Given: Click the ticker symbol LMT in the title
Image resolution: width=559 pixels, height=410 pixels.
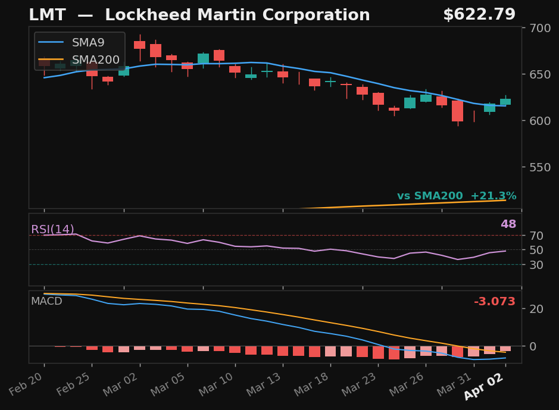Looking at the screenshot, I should [48, 15].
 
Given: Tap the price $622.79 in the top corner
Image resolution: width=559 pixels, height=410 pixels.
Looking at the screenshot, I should [479, 15].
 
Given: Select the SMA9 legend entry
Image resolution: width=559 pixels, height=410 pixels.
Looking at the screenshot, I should [88, 43].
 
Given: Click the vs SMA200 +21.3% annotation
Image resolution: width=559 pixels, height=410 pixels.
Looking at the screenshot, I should [457, 196].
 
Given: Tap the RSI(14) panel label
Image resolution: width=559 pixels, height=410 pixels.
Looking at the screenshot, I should [52, 230].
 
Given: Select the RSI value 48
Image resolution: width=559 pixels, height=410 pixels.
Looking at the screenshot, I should [508, 224].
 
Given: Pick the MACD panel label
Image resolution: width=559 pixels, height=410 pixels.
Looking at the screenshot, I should [46, 301].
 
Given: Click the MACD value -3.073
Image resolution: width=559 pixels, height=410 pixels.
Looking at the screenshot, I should [494, 302].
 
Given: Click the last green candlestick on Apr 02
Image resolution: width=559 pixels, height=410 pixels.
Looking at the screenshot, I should [505, 102].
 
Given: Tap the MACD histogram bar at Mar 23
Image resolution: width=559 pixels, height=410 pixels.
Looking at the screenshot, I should [378, 352].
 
